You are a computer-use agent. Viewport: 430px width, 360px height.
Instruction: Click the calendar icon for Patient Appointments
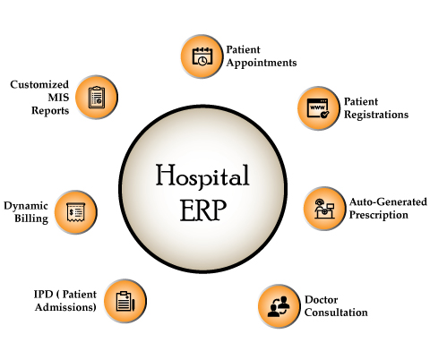202,56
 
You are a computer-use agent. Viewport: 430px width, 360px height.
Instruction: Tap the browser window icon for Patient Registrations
318,108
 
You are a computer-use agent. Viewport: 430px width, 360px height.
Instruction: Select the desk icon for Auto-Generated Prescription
324,209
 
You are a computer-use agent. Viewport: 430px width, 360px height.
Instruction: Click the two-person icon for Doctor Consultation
279,306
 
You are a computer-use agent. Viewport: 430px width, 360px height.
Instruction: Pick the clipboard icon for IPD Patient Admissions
125,301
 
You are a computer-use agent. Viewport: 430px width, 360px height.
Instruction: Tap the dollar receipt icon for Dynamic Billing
76,212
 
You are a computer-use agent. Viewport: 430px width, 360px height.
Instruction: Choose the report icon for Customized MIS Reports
97,98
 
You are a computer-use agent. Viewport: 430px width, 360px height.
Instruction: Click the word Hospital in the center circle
202,176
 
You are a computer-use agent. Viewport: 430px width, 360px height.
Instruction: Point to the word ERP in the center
203,210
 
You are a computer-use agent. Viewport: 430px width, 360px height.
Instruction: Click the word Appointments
262,64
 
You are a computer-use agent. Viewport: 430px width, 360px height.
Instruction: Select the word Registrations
376,115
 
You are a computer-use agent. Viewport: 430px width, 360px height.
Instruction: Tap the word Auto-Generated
388,202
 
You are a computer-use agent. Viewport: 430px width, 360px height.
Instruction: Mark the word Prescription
378,215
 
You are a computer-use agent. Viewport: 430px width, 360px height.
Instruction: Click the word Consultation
336,313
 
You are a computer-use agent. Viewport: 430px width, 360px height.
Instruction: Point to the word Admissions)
65,307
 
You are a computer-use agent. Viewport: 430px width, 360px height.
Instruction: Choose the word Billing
31,219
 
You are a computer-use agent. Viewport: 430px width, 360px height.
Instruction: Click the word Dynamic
26,206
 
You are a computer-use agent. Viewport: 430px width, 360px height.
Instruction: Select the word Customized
39,84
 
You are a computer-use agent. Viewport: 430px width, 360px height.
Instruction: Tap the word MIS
58,98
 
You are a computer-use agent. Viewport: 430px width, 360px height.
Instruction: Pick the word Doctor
321,299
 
